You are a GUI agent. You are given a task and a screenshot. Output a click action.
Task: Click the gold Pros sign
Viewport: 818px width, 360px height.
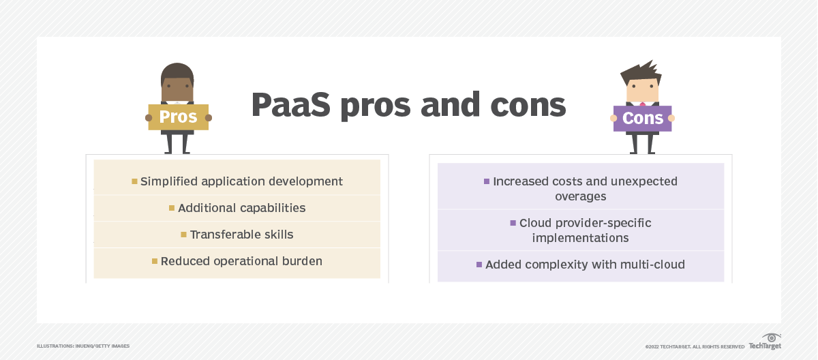[x=178, y=117]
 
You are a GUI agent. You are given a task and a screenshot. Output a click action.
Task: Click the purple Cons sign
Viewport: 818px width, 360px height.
[x=642, y=119]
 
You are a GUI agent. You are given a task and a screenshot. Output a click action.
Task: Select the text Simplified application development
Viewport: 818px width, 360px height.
[x=241, y=181]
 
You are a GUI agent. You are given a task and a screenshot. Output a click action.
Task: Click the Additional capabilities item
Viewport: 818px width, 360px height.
[x=241, y=208]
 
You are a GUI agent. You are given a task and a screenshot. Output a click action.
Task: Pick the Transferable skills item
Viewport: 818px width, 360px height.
[x=241, y=235]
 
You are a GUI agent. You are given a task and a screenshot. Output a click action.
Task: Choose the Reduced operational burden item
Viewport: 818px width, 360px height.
[x=241, y=261]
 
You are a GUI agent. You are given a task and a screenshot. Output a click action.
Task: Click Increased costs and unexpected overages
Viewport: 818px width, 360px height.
[x=585, y=189]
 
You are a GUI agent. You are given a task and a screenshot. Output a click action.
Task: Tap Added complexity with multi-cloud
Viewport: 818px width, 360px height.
[x=585, y=265]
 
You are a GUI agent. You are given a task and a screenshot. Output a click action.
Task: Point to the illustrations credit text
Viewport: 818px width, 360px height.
[x=83, y=346]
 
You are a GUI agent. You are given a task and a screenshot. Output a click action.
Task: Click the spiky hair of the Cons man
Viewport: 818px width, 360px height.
[x=641, y=70]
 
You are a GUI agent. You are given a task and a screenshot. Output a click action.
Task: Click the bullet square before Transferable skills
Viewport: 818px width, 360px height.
[x=183, y=235]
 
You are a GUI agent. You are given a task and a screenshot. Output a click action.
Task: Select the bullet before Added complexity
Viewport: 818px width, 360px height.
[x=479, y=265]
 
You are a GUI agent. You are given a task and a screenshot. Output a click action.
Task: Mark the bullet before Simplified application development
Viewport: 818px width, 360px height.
[x=134, y=181]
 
